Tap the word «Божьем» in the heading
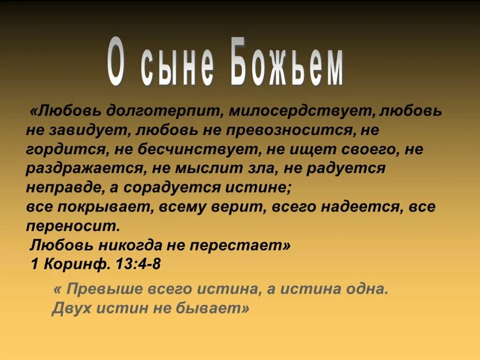(x=287, y=67)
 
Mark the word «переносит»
(x=73, y=226)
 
